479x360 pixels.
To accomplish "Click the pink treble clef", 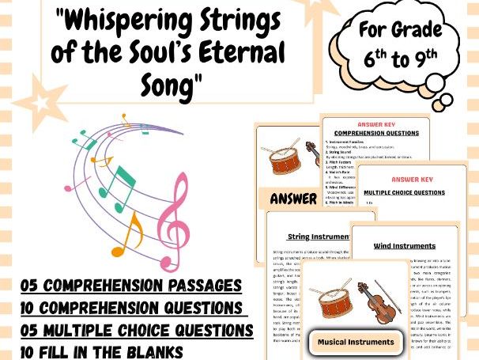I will [172, 218].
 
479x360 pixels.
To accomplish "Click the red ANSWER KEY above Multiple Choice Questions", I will [416, 180].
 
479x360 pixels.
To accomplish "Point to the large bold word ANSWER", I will [292, 199].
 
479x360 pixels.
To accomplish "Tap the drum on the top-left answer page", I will [285, 158].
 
